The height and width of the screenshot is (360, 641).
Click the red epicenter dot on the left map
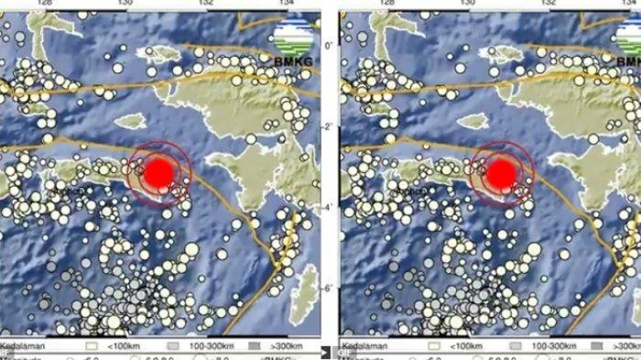coord(159,171)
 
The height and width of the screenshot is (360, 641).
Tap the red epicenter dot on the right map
coord(500,173)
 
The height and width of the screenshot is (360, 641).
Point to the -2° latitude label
coord(329,126)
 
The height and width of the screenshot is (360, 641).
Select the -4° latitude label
coord(329,207)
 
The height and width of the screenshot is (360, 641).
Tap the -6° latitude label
coord(329,288)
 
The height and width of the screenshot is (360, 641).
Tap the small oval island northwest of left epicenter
coord(131,120)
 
